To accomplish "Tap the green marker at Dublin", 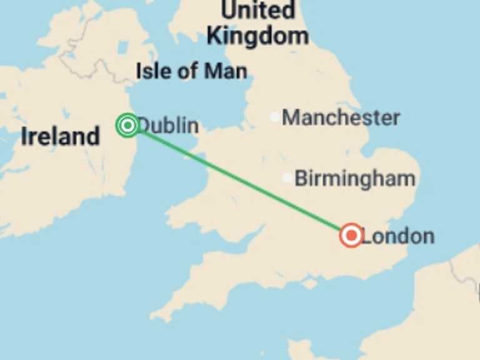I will click(x=127, y=126).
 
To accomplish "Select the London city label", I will click(x=397, y=236).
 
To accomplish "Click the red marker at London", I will click(x=351, y=236).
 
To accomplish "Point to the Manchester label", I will click(x=341, y=117).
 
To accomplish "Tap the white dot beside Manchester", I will click(x=274, y=117).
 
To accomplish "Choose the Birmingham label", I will click(x=354, y=179).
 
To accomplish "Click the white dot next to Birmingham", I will click(x=287, y=178).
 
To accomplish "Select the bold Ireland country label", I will click(x=60, y=136).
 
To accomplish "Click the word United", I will click(x=258, y=11).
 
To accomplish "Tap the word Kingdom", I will click(x=257, y=36).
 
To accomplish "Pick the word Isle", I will click(x=153, y=71).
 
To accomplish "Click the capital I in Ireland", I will click(x=24, y=136).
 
